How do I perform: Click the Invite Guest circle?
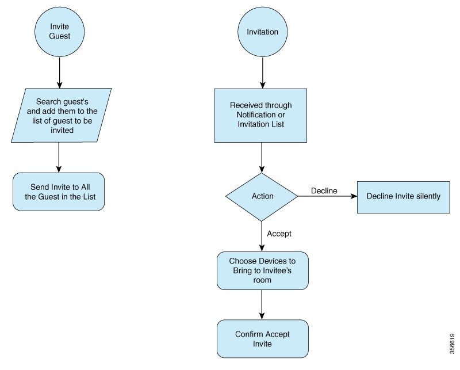pyautogui.click(x=60, y=31)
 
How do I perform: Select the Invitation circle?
pyautogui.click(x=262, y=32)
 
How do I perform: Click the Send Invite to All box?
pyautogui.click(x=59, y=192)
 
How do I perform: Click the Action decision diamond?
pyautogui.click(x=262, y=196)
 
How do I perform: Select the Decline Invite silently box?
pyautogui.click(x=403, y=196)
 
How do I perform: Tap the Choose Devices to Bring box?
pyautogui.click(x=262, y=270)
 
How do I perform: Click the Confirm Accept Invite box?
pyautogui.click(x=262, y=339)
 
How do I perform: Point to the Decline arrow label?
pyautogui.click(x=324, y=190)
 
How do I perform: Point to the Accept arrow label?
pyautogui.click(x=279, y=234)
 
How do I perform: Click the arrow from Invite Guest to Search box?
pyautogui.click(x=59, y=73)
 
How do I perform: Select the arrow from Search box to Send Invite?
pyautogui.click(x=59, y=157)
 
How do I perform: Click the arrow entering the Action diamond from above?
pyautogui.click(x=262, y=157)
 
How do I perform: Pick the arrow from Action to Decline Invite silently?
pyautogui.click(x=327, y=197)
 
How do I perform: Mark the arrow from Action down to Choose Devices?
pyautogui.click(x=262, y=236)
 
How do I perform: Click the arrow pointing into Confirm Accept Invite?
pyautogui.click(x=262, y=304)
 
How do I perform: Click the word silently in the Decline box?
pyautogui.click(x=426, y=196)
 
